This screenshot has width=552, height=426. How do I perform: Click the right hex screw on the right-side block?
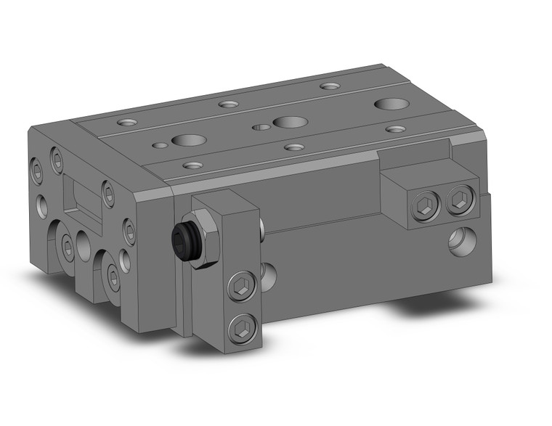tap(458, 200)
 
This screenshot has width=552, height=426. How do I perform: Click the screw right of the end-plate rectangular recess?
tap(108, 193)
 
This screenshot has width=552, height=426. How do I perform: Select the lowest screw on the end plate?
tap(114, 277)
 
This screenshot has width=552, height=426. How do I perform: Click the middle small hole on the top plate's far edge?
tap(229, 105)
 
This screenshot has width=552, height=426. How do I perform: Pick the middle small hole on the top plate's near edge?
tap(293, 147)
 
